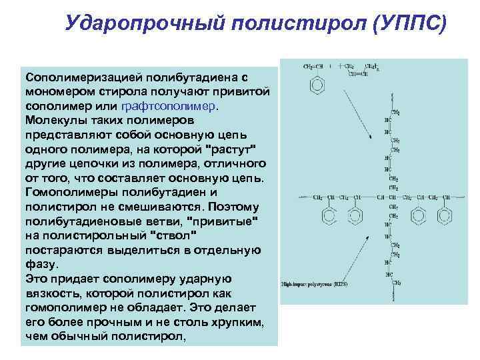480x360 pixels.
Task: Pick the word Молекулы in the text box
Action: click(x=54, y=121)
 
